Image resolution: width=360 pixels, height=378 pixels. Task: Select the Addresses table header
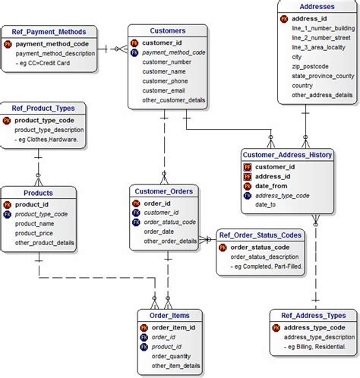coord(317,6)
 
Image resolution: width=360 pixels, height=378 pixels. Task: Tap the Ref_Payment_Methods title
coord(55,32)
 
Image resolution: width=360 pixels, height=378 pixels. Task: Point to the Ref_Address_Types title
coord(313,316)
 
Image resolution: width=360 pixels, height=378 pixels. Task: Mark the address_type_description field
coord(319,337)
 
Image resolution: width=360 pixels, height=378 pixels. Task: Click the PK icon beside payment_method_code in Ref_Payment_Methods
coord(8,44)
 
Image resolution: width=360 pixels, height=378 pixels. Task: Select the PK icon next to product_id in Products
coord(8,204)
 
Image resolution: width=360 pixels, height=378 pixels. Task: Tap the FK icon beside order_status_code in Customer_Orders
coord(136,222)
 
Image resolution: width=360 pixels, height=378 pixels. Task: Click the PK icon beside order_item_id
coord(144,328)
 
